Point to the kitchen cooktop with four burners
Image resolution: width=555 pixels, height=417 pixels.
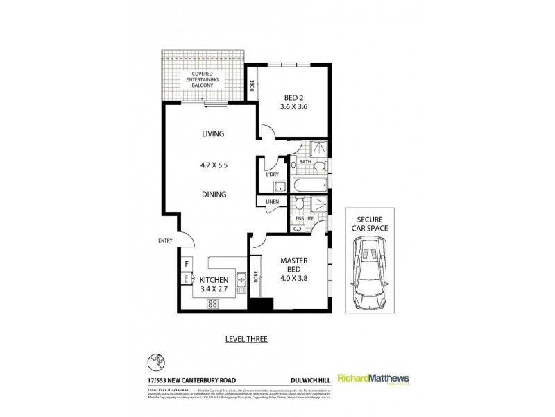[213, 302]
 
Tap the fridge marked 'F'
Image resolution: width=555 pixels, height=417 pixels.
[187, 264]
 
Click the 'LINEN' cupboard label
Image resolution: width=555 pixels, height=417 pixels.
[271, 202]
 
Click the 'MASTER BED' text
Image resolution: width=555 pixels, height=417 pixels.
[289, 265]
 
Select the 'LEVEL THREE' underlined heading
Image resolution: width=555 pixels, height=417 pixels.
[246, 339]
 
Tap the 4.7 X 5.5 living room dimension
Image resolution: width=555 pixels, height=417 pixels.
[214, 166]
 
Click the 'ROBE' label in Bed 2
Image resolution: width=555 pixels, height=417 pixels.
[253, 87]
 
